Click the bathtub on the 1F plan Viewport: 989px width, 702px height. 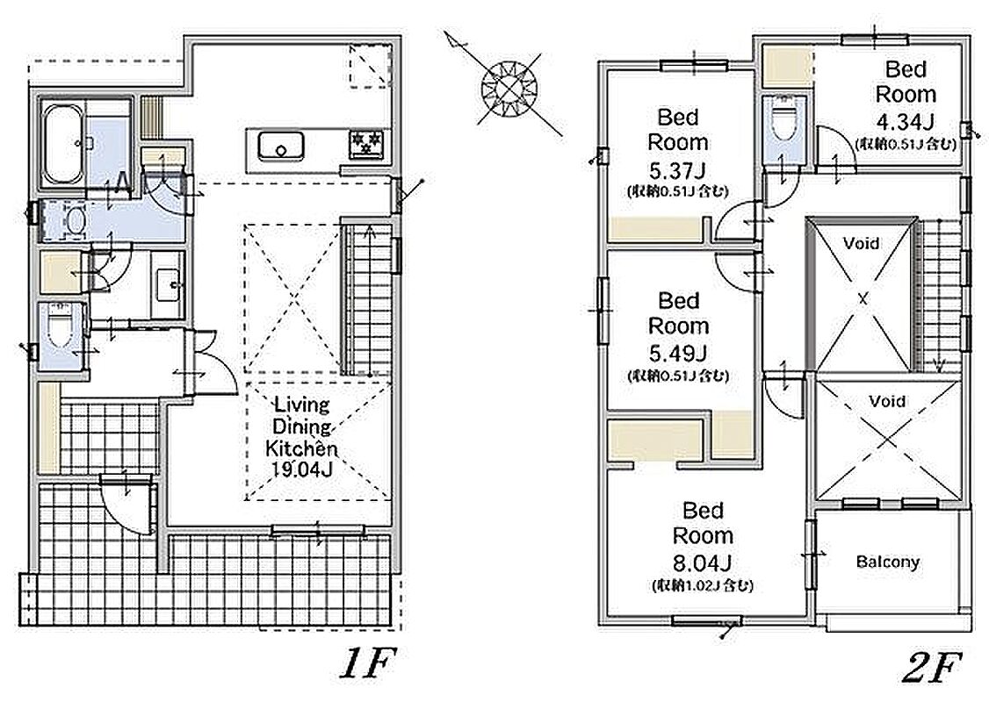[62, 144]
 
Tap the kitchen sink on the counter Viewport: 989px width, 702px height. [281, 147]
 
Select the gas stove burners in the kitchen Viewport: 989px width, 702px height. [366, 144]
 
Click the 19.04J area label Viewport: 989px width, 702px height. [301, 469]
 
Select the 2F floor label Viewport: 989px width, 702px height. [932, 668]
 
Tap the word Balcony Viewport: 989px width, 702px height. [887, 562]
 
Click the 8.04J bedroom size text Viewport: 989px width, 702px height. [703, 562]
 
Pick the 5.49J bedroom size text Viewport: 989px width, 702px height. [678, 354]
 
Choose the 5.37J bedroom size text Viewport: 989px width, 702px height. [677, 170]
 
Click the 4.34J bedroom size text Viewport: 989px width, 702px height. [906, 121]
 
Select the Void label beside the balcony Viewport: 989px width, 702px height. [887, 401]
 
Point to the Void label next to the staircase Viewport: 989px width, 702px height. [861, 243]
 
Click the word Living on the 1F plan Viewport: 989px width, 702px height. [301, 405]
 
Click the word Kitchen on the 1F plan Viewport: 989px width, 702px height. [301, 448]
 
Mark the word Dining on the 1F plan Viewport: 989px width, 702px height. [301, 426]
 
